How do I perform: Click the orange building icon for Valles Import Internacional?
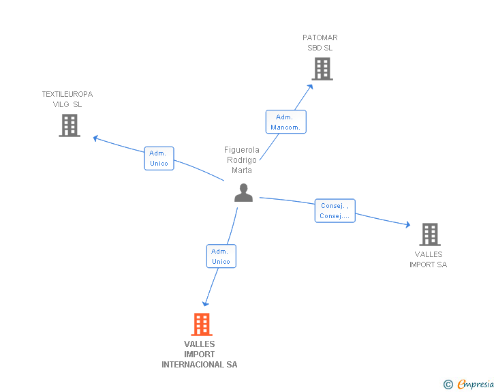tap(202, 325)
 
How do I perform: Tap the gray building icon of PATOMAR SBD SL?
tap(322, 69)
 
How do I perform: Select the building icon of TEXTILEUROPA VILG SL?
tap(69, 125)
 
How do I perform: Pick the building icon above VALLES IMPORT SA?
tap(430, 235)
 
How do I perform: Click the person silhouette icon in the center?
tap(244, 192)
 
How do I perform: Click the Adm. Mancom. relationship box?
tap(286, 122)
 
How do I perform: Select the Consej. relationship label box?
tap(335, 211)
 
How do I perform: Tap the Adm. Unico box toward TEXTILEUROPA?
tap(159, 158)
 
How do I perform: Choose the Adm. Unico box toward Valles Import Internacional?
tap(221, 256)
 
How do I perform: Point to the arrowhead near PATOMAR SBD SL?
tap(310, 87)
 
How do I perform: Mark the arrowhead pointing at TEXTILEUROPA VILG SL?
tap(95, 138)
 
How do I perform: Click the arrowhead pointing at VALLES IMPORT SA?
tap(407, 224)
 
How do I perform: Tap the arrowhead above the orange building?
tap(206, 304)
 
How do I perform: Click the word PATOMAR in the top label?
tap(320, 37)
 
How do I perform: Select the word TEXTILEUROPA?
tap(67, 94)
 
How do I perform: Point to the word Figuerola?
tap(242, 150)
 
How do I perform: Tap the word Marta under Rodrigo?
tap(242, 170)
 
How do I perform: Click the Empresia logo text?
tap(476, 384)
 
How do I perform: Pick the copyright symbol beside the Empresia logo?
tap(448, 385)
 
